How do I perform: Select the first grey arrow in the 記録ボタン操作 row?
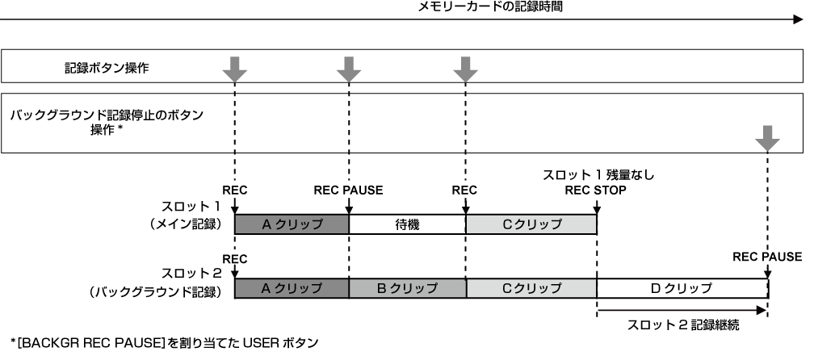point(234,69)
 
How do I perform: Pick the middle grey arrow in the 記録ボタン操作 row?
point(349,69)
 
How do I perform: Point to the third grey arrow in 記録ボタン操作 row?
point(466,69)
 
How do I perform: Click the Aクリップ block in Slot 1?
point(292,224)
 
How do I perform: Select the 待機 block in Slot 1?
point(407,224)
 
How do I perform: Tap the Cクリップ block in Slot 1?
point(531,224)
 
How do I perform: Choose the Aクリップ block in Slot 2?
point(292,287)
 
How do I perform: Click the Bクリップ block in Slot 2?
point(407,287)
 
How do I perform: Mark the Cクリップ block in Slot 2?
point(531,287)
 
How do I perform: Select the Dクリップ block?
point(682,287)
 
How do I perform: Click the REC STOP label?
point(597,190)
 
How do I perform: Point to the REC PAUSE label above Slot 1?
point(348,190)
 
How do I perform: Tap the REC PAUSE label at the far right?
point(767,257)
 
